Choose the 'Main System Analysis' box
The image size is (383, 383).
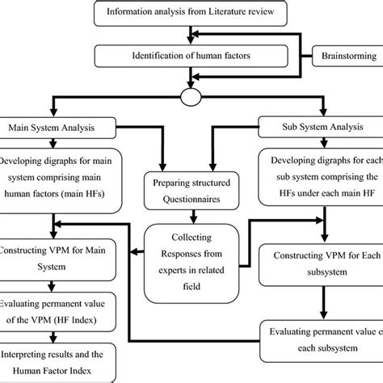[51, 127]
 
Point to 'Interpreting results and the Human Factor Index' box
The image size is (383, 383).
[50, 362]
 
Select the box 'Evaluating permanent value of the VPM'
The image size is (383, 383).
[50, 311]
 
